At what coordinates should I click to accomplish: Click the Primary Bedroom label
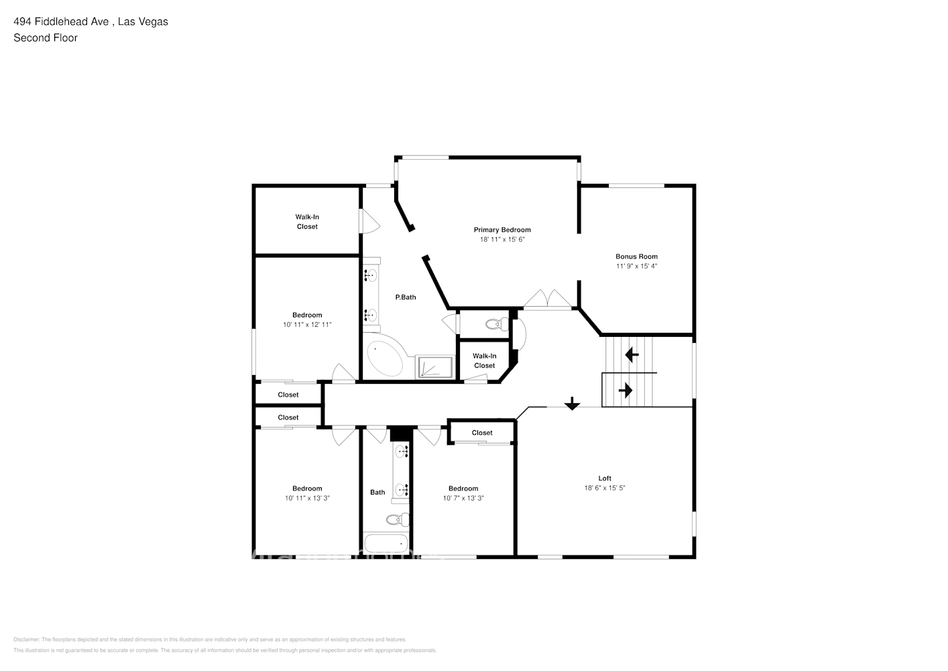[501, 230]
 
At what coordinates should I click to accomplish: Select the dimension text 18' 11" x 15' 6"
[501, 240]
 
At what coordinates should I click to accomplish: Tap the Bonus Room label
[636, 256]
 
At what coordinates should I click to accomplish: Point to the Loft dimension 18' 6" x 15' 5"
[604, 488]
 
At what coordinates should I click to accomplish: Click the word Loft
[604, 478]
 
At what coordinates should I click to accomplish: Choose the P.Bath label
[405, 297]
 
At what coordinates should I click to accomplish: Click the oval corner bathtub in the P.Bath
[385, 359]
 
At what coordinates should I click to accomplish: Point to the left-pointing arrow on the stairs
[631, 354]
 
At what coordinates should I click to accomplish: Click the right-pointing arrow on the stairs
[626, 390]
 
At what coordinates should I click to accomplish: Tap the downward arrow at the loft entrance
[571, 403]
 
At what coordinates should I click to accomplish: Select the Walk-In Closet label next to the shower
[484, 361]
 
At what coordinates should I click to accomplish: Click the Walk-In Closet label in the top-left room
[307, 221]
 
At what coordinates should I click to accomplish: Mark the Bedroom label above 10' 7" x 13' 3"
[463, 488]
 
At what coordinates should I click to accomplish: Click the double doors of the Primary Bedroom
[548, 299]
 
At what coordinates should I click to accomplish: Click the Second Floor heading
[46, 38]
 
